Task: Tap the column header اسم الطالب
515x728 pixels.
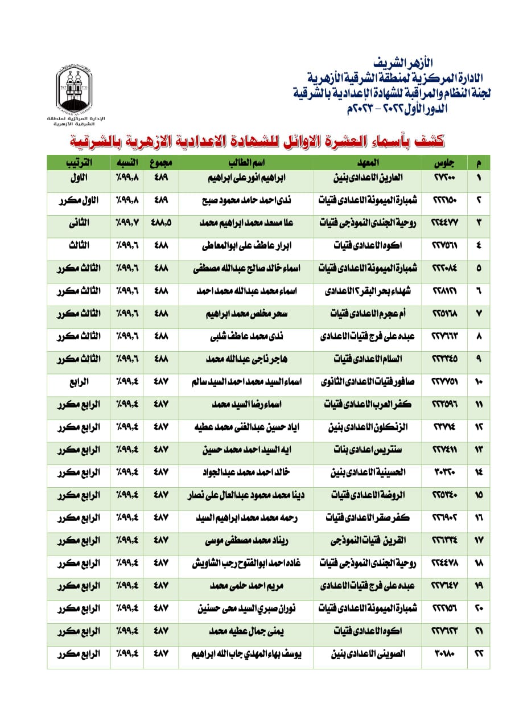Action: tap(246, 163)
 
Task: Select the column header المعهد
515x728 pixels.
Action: tap(367, 163)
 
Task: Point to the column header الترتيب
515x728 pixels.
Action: tap(79, 163)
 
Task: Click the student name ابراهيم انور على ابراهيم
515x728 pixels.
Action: tap(246, 178)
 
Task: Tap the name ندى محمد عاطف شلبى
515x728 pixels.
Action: tap(246, 336)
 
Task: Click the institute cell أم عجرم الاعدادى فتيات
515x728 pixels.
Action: tap(367, 314)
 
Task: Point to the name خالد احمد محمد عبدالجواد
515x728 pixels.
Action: tap(246, 472)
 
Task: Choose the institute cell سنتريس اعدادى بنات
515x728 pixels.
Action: tap(367, 450)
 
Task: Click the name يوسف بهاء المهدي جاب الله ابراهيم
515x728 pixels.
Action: tap(246, 654)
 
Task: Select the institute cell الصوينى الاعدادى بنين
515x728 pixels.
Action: tap(367, 654)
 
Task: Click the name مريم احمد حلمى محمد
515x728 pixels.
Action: tap(246, 586)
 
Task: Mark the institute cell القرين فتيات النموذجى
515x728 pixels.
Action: tap(367, 540)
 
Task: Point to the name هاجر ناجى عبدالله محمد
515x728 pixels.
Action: tap(246, 359)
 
